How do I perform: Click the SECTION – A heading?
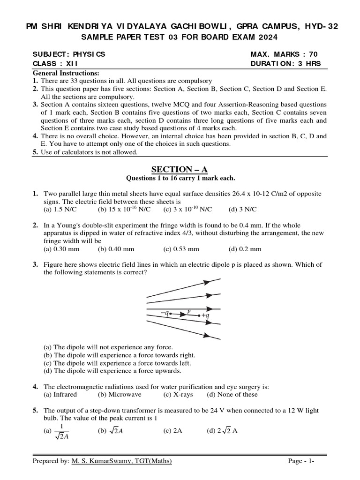180,169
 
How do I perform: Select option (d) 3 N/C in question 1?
242,209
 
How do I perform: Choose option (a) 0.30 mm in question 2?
60,249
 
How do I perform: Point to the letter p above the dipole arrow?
188,310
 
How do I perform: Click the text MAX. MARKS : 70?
284,54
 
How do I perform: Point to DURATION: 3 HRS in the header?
286,64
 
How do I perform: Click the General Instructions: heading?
66,74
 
